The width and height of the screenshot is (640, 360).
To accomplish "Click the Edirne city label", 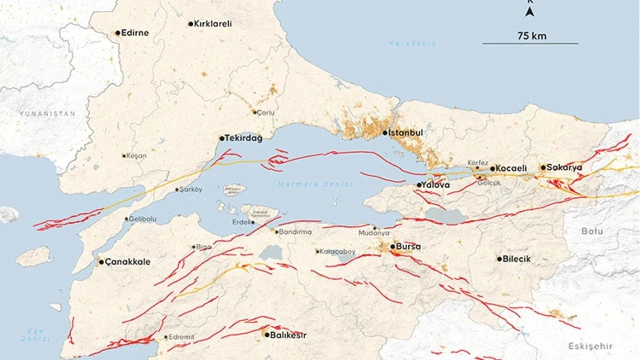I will pos(135,33).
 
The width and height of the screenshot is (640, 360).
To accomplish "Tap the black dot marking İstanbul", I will pos(385,133).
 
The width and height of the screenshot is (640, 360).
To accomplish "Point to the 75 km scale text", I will pos(532,35).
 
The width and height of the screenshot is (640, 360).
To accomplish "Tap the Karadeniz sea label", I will pos(405,43).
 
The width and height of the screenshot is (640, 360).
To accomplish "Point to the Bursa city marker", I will pos(392,246).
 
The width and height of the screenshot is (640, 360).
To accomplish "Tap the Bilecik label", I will pos(516,259).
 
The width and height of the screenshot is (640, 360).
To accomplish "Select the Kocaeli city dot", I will pos(492,169).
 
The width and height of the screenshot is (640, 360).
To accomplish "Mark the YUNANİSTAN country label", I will pos(47,114).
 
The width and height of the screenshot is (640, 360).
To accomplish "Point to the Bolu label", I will pos(592,231).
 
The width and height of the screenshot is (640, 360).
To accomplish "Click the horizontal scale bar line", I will pos(530,43).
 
